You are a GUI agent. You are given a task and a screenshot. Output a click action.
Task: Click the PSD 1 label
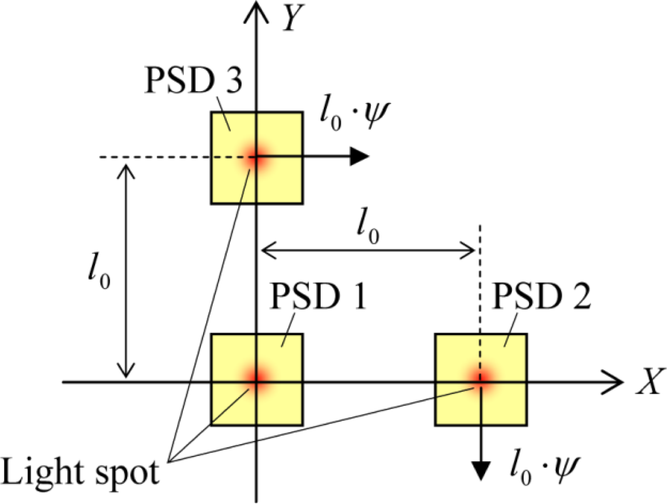318,296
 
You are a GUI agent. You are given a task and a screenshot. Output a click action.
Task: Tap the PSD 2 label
541,296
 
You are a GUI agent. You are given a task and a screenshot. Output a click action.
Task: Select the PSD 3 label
193,81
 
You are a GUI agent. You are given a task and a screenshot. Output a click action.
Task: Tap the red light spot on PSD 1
257,379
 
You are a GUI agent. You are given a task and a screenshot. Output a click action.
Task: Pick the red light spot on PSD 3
257,158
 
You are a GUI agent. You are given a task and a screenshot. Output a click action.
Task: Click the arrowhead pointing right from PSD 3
360,157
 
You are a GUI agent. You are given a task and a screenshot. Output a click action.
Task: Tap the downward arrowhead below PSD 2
481,470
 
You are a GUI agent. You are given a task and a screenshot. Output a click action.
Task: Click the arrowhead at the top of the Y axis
257,10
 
